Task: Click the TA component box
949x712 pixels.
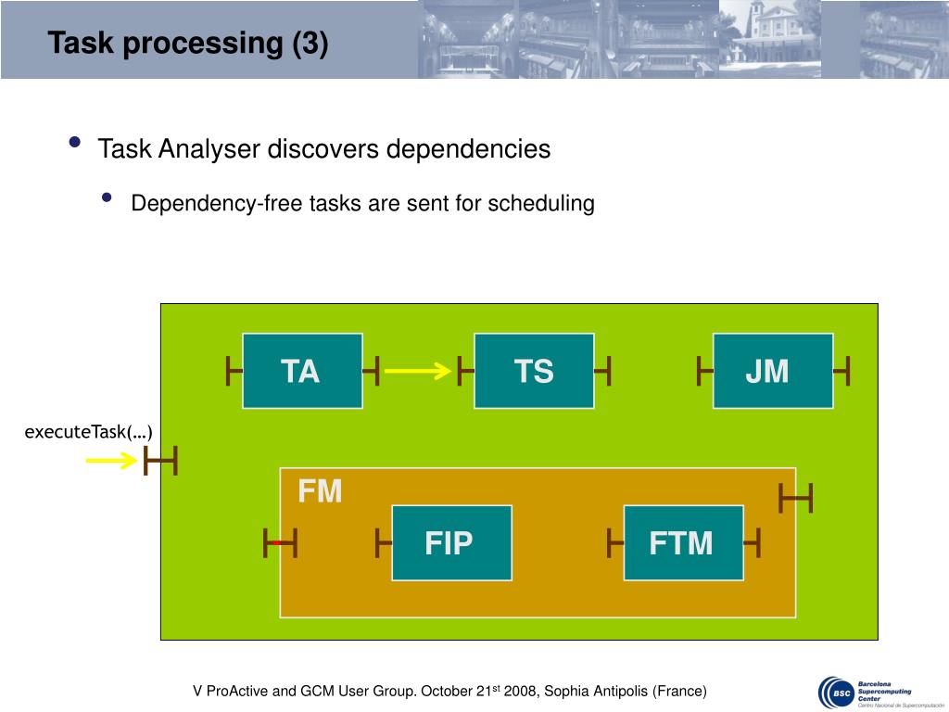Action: tap(302, 371)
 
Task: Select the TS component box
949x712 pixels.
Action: tap(534, 371)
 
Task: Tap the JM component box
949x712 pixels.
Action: tap(772, 371)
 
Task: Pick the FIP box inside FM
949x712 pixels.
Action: tap(451, 542)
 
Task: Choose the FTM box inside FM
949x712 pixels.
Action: tap(683, 542)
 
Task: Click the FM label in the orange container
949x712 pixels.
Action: tap(320, 491)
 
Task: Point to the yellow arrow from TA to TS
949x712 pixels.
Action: tap(417, 372)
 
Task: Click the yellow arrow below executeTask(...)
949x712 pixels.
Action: tap(111, 460)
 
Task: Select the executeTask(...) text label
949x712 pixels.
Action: tap(88, 432)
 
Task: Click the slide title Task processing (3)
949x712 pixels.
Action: tap(188, 44)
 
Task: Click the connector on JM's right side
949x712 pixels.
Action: tap(841, 372)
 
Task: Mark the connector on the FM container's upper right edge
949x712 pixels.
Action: tap(795, 499)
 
